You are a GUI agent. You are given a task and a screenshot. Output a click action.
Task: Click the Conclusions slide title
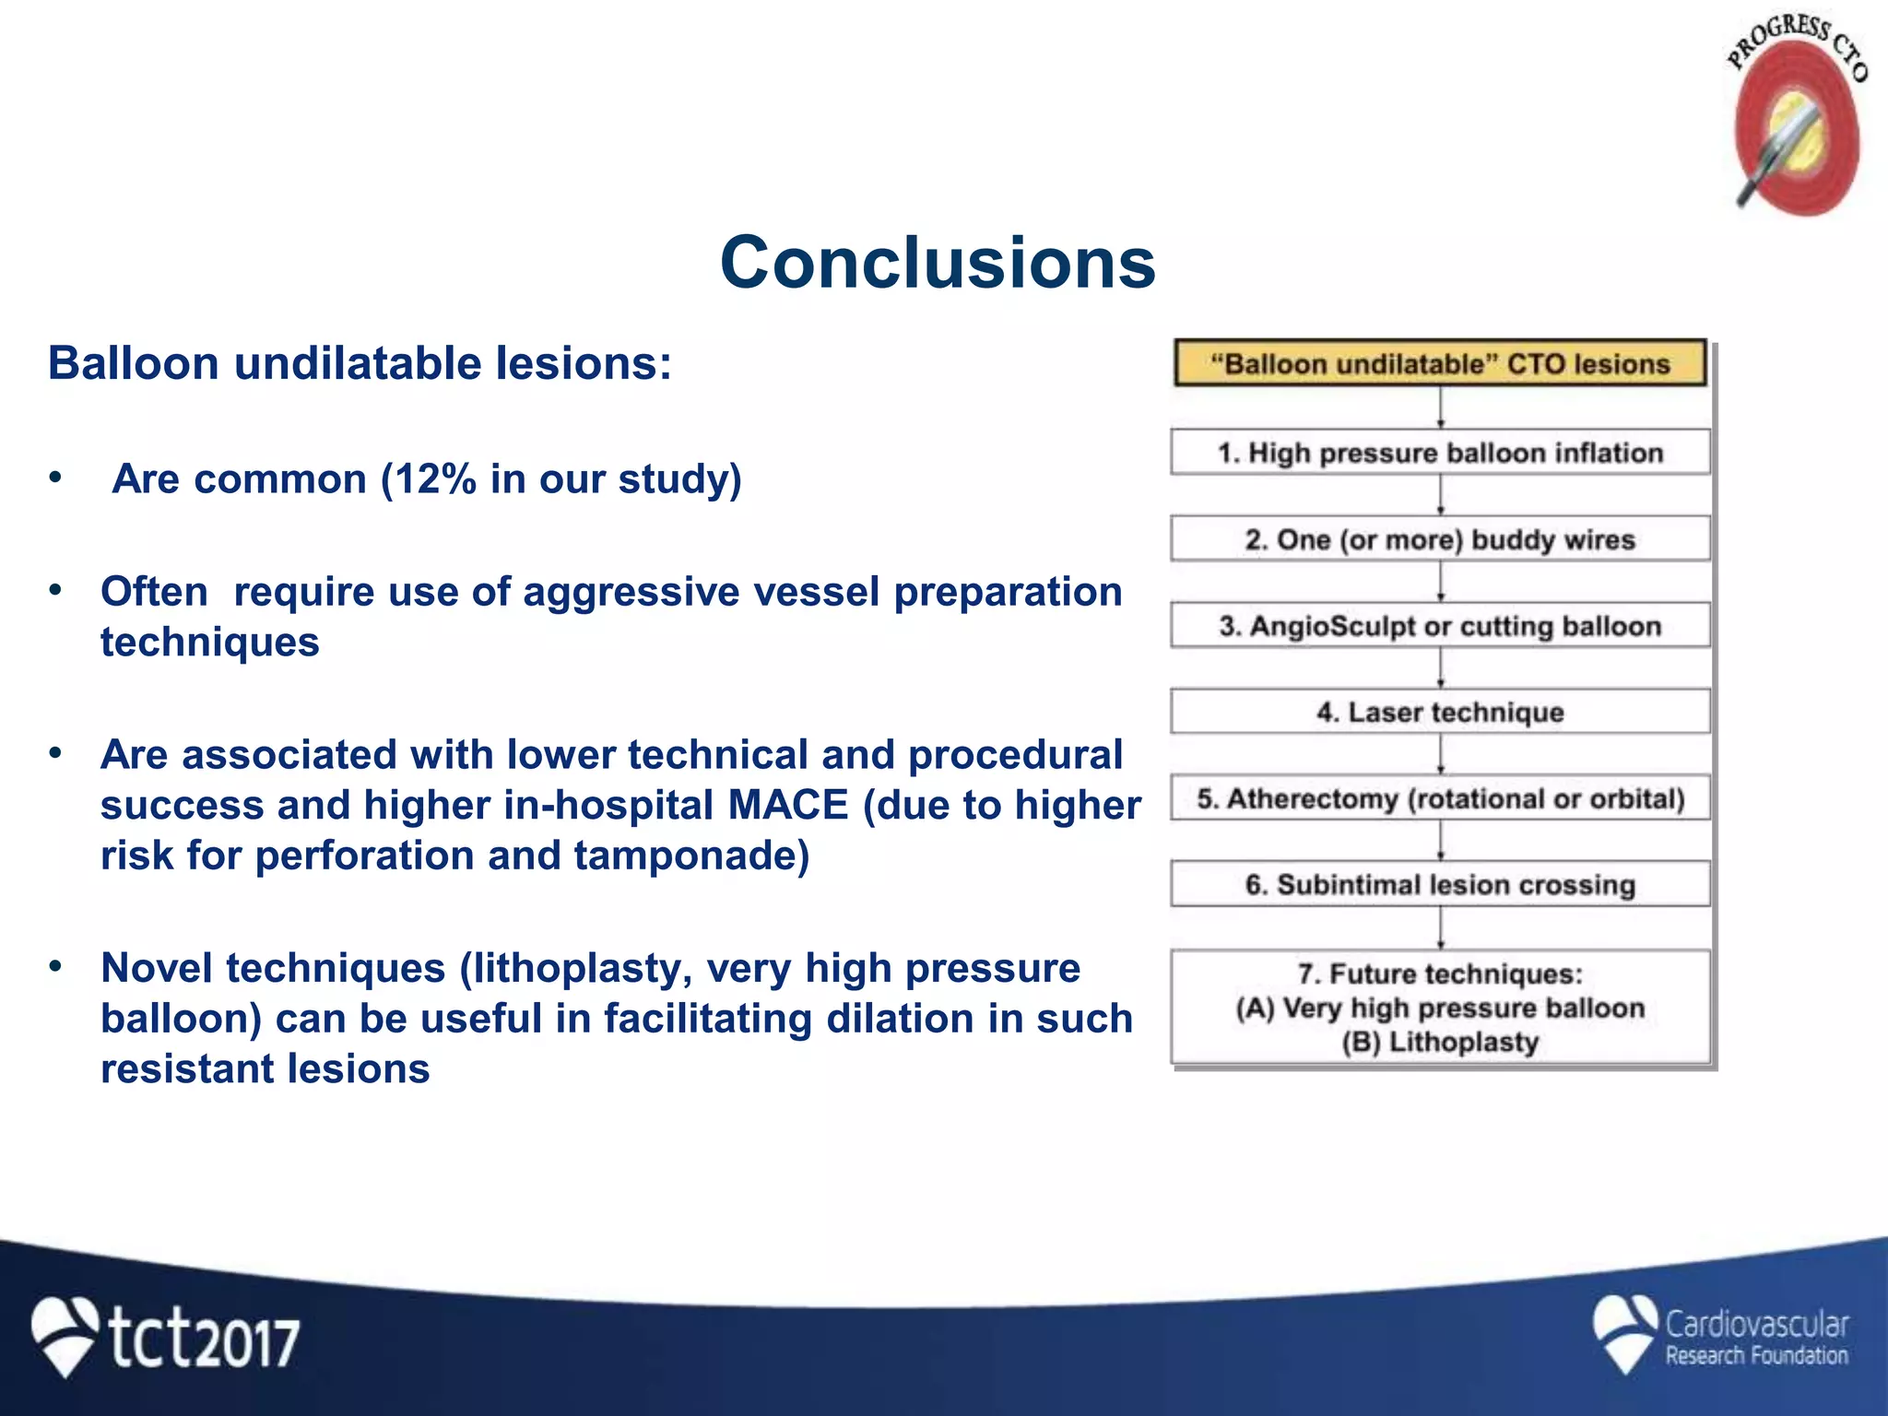pyautogui.click(x=937, y=263)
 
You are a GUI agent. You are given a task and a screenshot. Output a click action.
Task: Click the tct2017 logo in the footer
pyautogui.click(x=166, y=1337)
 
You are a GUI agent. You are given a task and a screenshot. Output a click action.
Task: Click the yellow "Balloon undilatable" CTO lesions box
pyautogui.click(x=1439, y=363)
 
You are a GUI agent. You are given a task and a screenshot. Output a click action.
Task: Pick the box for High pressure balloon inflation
pyautogui.click(x=1439, y=453)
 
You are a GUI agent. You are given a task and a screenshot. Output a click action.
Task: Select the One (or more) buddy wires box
pyautogui.click(x=1439, y=539)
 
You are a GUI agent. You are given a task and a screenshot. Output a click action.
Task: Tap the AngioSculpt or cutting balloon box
pyautogui.click(x=1439, y=626)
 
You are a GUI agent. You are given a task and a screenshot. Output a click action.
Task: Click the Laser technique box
pyautogui.click(x=1439, y=712)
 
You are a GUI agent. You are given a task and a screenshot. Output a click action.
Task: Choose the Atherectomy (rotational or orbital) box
pyautogui.click(x=1439, y=798)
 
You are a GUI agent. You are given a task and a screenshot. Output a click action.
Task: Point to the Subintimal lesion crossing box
pyautogui.click(x=1439, y=885)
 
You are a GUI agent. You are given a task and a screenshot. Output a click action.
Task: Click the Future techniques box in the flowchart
pyautogui.click(x=1439, y=1008)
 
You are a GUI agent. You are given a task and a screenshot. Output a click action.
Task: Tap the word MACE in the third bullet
pyautogui.click(x=787, y=806)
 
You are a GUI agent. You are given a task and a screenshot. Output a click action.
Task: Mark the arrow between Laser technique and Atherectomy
pyautogui.click(x=1440, y=754)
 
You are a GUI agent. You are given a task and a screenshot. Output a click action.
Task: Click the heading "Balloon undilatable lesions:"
pyautogui.click(x=360, y=363)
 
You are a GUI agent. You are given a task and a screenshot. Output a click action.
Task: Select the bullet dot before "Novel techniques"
pyautogui.click(x=55, y=966)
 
